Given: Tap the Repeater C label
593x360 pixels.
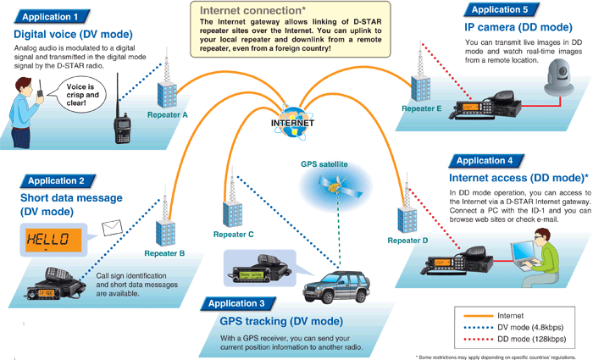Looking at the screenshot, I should pos(234,233).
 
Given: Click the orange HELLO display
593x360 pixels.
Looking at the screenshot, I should pos(50,239).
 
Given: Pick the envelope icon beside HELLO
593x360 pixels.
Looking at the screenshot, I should pos(113,229).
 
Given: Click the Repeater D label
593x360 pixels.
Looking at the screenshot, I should pos(407,241).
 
